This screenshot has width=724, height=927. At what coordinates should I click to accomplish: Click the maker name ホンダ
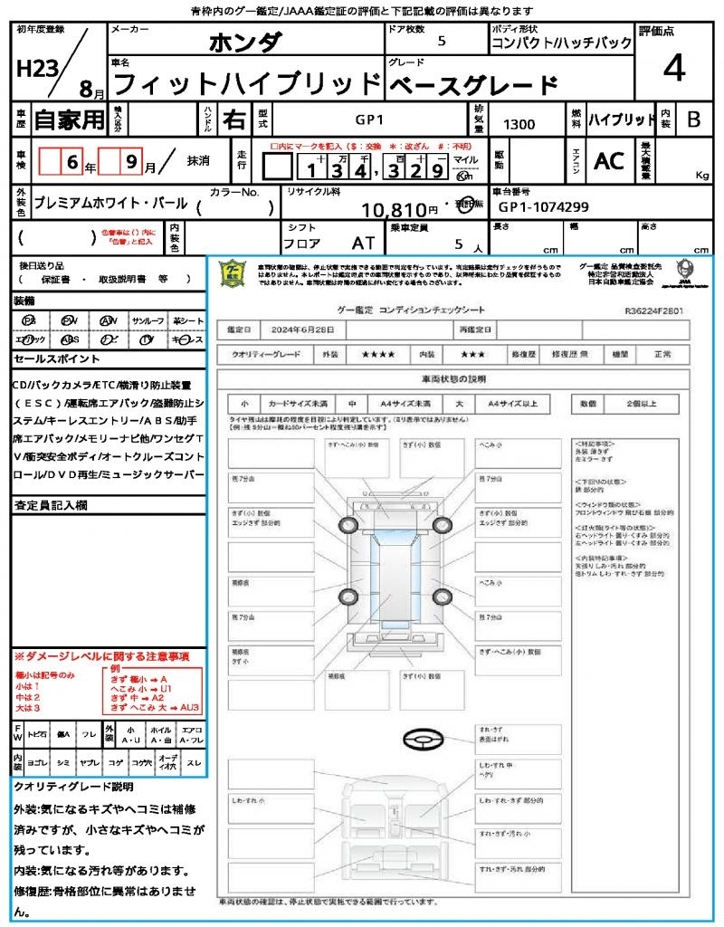(x=245, y=42)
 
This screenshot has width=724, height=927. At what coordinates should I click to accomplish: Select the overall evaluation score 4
(x=672, y=68)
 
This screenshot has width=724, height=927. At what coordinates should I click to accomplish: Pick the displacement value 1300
(x=519, y=125)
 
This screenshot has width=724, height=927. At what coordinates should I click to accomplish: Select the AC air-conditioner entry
(x=608, y=161)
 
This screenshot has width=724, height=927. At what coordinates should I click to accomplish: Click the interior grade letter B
(x=693, y=119)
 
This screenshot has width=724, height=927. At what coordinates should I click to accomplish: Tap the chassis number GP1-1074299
(x=544, y=207)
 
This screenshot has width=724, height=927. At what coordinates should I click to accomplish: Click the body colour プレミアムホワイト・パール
(x=110, y=204)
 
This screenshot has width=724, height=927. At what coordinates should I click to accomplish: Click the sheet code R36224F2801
(x=654, y=310)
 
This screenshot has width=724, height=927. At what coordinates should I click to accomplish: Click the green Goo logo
(x=232, y=273)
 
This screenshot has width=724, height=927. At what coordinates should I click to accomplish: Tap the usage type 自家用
(x=69, y=119)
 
